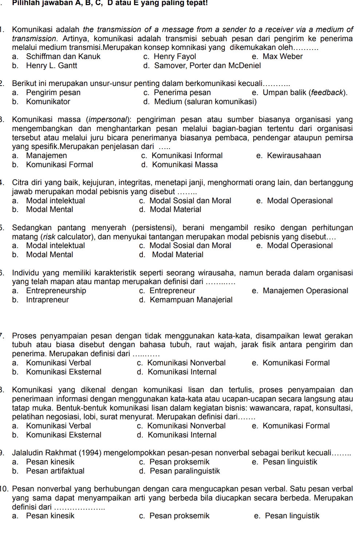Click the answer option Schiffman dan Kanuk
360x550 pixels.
pyautogui.click(x=63, y=56)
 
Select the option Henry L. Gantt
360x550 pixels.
pyautogui.click(x=51, y=66)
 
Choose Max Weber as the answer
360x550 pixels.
pyautogui.click(x=282, y=56)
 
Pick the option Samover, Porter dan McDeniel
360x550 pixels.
pyautogui.click(x=207, y=66)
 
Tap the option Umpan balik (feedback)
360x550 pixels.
pyautogui.click(x=305, y=93)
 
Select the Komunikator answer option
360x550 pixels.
pyautogui.click(x=48, y=102)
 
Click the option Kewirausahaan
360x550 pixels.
pyautogui.click(x=294, y=156)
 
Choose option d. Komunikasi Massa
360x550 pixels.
pyautogui.click(x=185, y=165)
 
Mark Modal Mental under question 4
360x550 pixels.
pyautogui.click(x=50, y=209)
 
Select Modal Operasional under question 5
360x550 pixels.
pyautogui.click(x=300, y=245)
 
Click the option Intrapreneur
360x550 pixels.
pyautogui.click(x=47, y=300)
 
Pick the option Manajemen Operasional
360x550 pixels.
pyautogui.click(x=305, y=291)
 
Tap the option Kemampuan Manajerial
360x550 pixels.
pyautogui.click(x=191, y=300)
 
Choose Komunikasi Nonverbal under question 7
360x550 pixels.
pyautogui.click(x=186, y=363)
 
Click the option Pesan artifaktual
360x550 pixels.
pyautogui.click(x=55, y=471)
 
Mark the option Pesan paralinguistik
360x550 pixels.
pyautogui.click(x=185, y=471)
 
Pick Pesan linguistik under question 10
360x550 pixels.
pyautogui.click(x=292, y=516)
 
